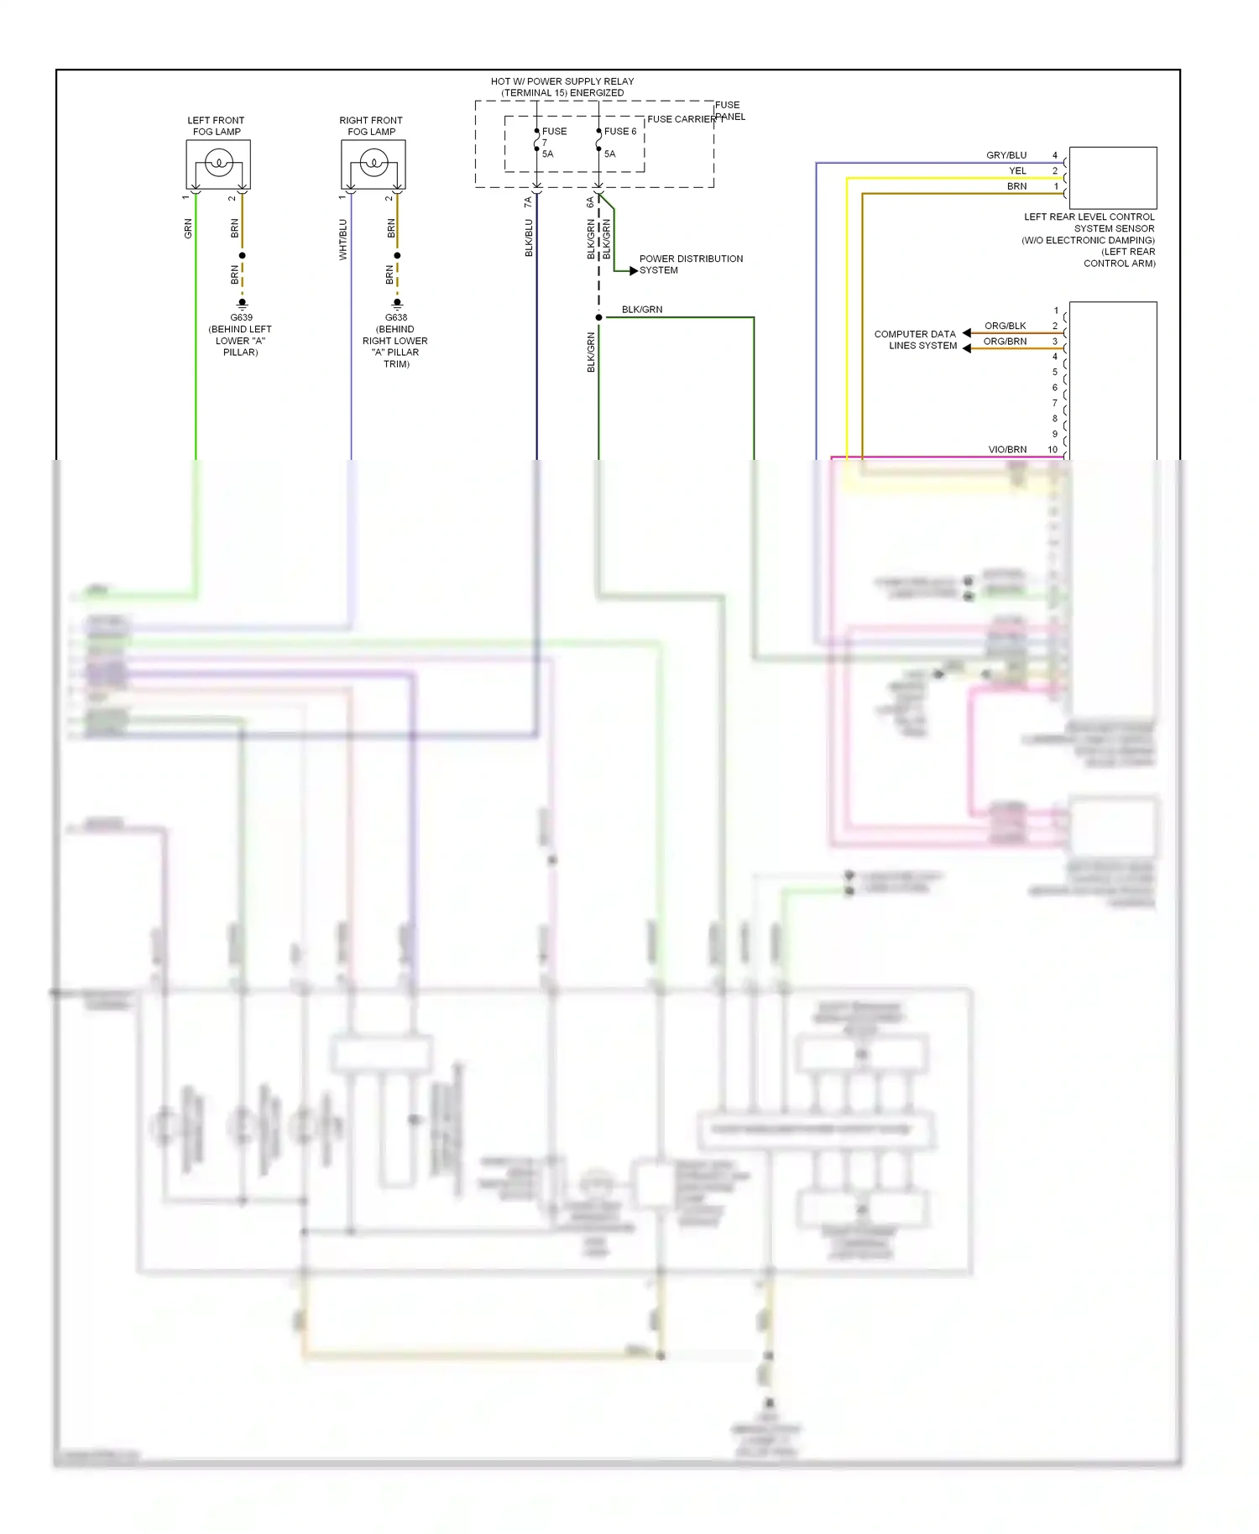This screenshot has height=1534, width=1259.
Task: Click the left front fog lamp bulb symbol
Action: (x=218, y=163)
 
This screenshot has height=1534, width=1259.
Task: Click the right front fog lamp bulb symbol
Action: (x=374, y=163)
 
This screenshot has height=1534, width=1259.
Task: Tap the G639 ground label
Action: (x=241, y=318)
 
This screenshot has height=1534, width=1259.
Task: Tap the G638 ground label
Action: (x=396, y=318)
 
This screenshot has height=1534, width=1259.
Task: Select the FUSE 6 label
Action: (x=620, y=132)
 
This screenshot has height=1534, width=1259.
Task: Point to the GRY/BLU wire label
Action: (x=1006, y=155)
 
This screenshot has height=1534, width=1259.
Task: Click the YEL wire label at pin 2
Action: (x=1017, y=171)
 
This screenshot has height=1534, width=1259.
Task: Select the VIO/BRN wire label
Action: (x=1007, y=450)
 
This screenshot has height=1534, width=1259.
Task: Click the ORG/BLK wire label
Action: (x=1005, y=326)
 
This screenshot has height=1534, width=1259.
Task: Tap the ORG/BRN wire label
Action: (x=1005, y=342)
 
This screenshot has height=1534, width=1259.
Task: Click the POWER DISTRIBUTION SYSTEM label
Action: (x=690, y=264)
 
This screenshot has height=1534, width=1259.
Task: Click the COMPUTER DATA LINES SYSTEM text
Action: (x=916, y=340)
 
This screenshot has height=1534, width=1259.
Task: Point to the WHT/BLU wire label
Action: (x=342, y=239)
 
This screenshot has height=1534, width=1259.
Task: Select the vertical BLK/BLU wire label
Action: (x=529, y=238)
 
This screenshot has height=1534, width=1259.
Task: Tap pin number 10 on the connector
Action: (x=1052, y=450)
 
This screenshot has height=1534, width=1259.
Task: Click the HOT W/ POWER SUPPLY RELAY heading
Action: (x=562, y=87)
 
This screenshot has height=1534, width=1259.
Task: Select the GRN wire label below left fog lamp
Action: (x=188, y=228)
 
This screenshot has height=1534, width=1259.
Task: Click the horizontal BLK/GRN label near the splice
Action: (x=641, y=310)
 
